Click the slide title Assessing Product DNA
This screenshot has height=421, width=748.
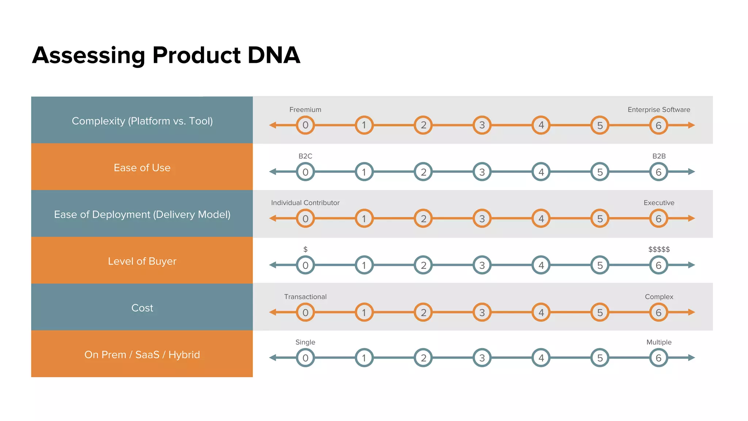(166, 55)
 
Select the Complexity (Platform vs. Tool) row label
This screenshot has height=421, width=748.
(142, 121)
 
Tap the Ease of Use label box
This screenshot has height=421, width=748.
(142, 167)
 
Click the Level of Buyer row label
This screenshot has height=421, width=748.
(142, 261)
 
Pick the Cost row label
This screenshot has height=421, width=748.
(142, 308)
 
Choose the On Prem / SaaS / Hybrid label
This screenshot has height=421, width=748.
(142, 354)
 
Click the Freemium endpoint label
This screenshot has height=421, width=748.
(305, 110)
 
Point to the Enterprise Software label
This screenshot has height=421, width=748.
(659, 110)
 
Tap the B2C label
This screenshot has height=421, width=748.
(305, 156)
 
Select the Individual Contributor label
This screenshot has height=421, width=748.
(305, 203)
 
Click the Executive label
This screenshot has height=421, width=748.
(659, 203)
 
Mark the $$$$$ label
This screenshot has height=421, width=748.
(659, 249)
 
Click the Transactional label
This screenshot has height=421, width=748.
(305, 297)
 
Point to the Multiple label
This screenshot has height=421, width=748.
(659, 342)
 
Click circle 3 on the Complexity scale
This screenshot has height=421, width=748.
(482, 125)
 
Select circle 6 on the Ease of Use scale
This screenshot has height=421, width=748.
(659, 172)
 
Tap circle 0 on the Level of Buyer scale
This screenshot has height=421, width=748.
(305, 265)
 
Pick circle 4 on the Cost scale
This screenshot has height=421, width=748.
(541, 312)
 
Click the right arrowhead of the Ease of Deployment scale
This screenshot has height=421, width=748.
(691, 219)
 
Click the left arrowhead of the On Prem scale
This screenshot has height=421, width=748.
(272, 358)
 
